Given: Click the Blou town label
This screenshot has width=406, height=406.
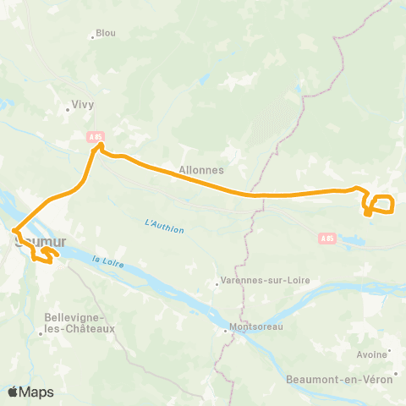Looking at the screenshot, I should pyautogui.click(x=107, y=33).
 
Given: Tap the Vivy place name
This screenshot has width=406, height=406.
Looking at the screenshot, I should pyautogui.click(x=85, y=105).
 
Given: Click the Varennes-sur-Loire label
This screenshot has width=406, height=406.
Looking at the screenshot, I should pyautogui.click(x=259, y=280).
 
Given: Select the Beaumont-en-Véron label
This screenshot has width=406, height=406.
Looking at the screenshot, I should pyautogui.click(x=341, y=380).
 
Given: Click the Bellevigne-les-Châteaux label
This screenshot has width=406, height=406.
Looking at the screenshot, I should pyautogui.click(x=79, y=323).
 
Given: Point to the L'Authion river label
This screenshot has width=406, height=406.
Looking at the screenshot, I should pyautogui.click(x=164, y=226).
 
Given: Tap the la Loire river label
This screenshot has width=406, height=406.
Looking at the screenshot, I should pyautogui.click(x=108, y=264).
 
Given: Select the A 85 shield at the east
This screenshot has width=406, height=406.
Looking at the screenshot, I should pyautogui.click(x=328, y=239).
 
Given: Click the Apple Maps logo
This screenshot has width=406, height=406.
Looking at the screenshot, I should pyautogui.click(x=30, y=392).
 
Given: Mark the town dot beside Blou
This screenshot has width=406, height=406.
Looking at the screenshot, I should pyautogui.click(x=93, y=36).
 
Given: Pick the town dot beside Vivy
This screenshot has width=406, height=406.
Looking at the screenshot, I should pyautogui.click(x=68, y=108).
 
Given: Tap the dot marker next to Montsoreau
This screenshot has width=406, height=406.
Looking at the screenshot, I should pyautogui.click(x=226, y=331).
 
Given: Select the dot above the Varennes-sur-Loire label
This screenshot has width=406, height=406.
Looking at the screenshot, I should pyautogui.click(x=217, y=284).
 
